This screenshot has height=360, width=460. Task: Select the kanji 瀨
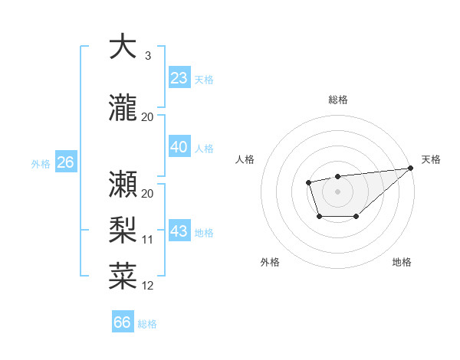[123, 182]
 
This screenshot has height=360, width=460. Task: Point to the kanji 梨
[123, 230]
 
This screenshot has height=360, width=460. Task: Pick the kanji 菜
[123, 276]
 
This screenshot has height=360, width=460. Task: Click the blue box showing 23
[179, 78]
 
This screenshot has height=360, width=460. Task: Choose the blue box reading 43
[179, 231]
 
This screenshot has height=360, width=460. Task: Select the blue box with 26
[65, 162]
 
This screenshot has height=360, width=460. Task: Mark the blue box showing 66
[123, 322]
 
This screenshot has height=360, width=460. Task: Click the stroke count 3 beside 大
[148, 56]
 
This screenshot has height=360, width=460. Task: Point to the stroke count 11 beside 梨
[148, 240]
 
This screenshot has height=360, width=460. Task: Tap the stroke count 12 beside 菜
[148, 286]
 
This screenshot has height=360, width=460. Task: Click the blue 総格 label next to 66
[148, 324]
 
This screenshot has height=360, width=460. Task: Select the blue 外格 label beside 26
[41, 163]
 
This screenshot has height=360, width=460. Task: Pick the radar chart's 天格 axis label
[431, 159]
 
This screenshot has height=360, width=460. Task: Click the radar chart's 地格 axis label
[402, 263]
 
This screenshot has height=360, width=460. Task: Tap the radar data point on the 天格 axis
[412, 169]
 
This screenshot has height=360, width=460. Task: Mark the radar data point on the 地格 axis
[356, 217]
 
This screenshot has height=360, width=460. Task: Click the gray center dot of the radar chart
[337, 190]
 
